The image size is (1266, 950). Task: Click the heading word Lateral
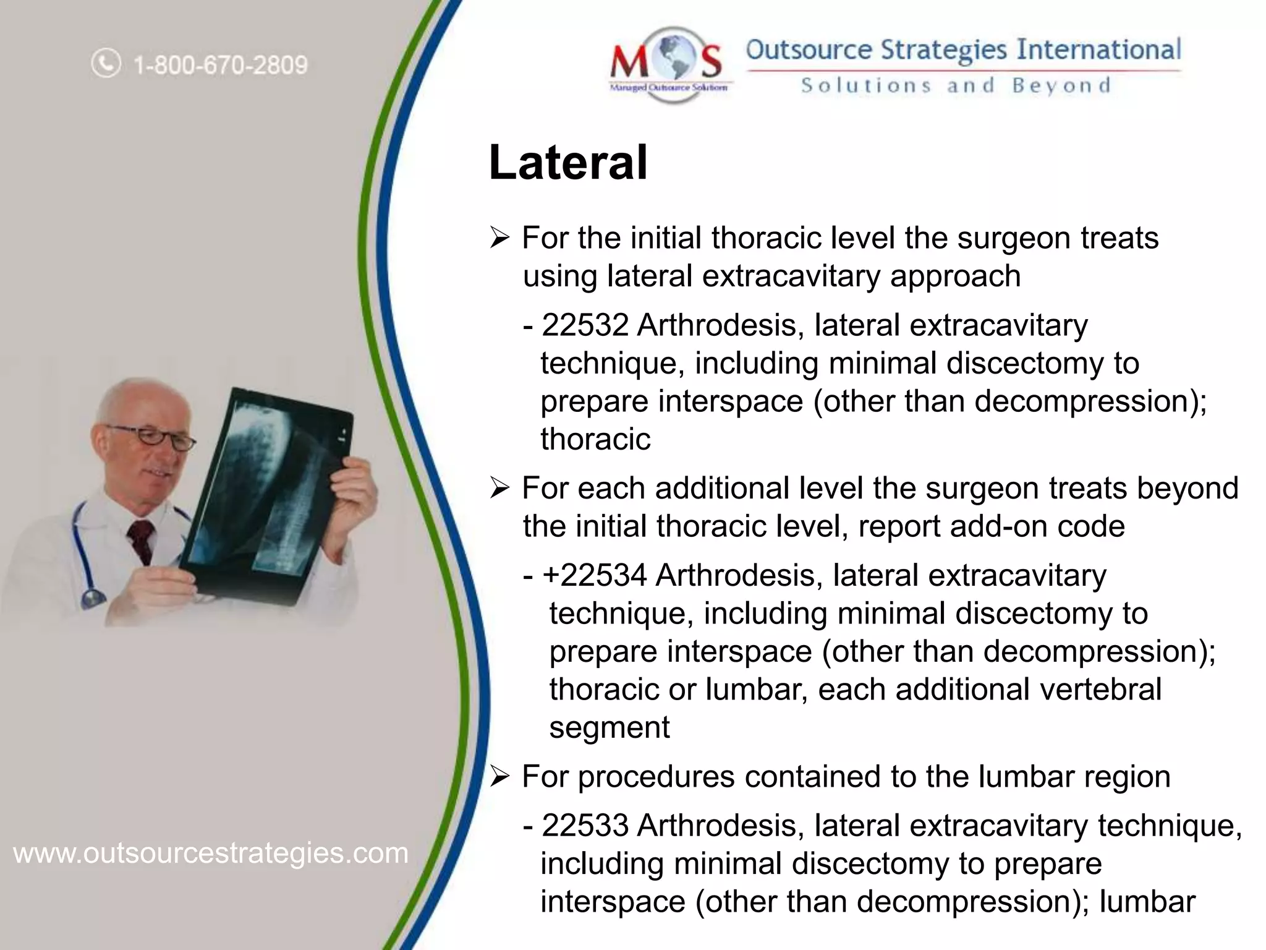pos(567,163)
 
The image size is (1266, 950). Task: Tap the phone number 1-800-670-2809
pos(221,65)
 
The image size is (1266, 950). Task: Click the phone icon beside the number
pos(106,63)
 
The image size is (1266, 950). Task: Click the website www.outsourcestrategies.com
pos(211,854)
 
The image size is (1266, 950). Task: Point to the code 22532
pos(585,325)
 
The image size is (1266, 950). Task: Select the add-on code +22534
pos(595,575)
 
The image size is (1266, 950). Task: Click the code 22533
pos(585,826)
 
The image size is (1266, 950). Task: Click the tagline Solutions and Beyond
pos(956,85)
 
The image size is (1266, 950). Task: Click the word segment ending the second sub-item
pos(609,727)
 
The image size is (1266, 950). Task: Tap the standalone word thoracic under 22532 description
pos(595,440)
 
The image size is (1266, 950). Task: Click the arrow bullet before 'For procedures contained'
pos(499,777)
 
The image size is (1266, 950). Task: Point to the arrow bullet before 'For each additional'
pos(499,489)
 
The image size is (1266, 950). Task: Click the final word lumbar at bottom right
pos(1147,902)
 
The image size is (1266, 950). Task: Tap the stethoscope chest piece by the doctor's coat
pos(93,598)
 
